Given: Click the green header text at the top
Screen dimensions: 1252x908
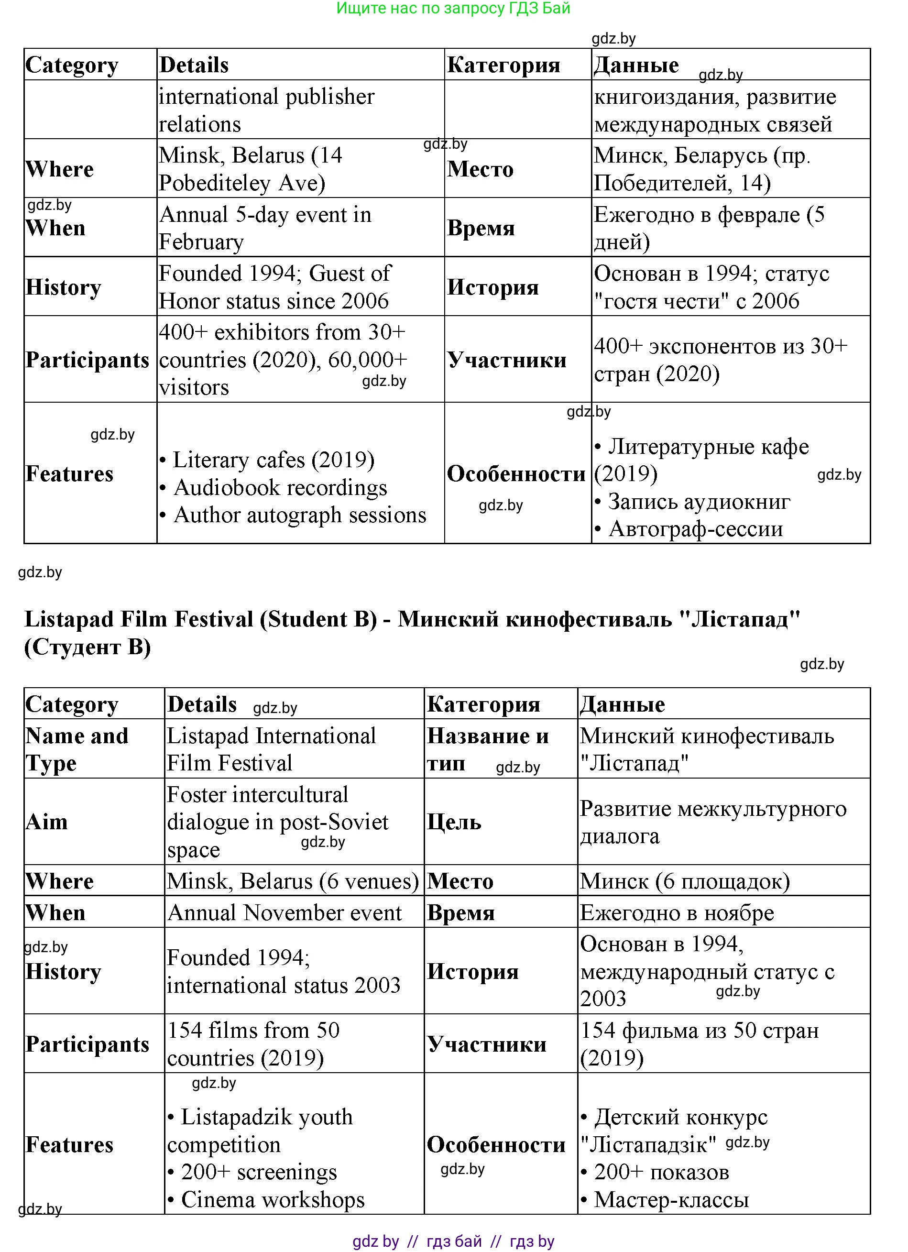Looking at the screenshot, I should (x=453, y=8).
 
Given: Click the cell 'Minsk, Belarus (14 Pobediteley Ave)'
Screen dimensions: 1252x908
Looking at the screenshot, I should (x=250, y=169).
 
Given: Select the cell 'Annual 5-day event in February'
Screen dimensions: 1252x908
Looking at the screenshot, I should (x=265, y=228).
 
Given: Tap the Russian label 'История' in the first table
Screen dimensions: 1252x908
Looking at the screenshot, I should (x=492, y=287).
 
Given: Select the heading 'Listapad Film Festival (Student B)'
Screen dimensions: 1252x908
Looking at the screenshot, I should (x=201, y=619).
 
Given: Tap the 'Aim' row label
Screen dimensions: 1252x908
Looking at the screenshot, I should (x=47, y=822).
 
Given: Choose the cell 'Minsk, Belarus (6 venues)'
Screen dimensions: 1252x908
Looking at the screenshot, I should (x=293, y=881).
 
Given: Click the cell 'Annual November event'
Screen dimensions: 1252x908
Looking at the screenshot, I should (x=284, y=912).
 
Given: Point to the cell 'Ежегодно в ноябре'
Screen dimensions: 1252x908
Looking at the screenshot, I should (x=677, y=913).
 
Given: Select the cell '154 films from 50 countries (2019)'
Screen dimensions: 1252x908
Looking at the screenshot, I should (x=253, y=1044).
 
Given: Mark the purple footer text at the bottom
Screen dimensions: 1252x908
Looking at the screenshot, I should (x=453, y=1241).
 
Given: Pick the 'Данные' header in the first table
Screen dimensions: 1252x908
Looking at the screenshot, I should (x=636, y=65).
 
